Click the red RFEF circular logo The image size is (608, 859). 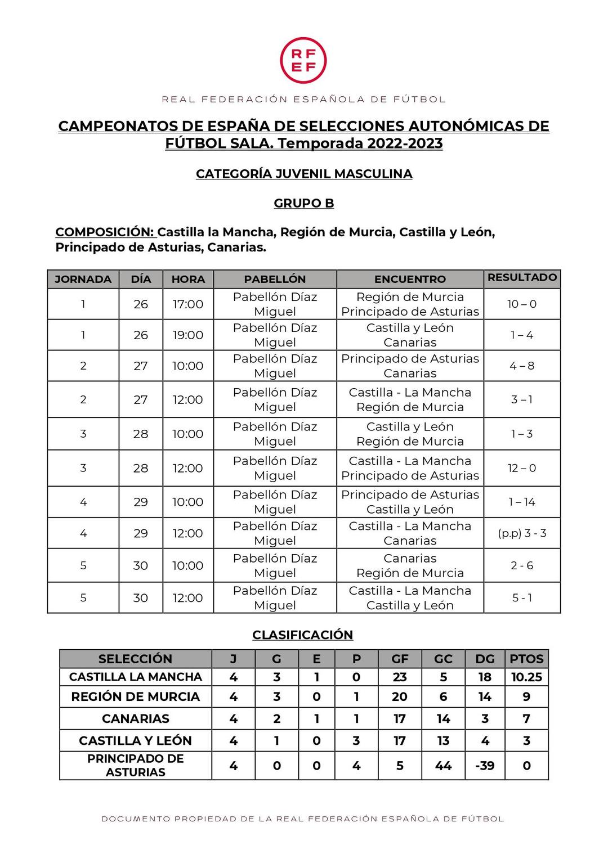click(x=303, y=60)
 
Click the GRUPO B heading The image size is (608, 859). click(x=303, y=203)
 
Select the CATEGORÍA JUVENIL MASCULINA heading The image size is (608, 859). click(x=303, y=174)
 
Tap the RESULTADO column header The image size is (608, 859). click(x=522, y=277)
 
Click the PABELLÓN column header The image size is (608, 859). click(x=275, y=279)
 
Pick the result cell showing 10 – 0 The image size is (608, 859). click(x=522, y=304)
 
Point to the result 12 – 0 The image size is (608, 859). click(x=522, y=468)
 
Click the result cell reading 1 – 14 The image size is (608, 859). click(x=522, y=502)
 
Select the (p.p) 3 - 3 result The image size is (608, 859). click(x=522, y=533)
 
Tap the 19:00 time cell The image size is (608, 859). click(x=188, y=335)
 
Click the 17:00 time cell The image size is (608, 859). click(x=188, y=304)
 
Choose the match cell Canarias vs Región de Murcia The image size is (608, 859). click(x=410, y=565)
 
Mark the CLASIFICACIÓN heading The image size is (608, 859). click(x=302, y=635)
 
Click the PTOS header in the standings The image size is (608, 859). click(x=526, y=659)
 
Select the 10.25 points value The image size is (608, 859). click(x=526, y=677)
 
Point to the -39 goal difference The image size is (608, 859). click(x=485, y=766)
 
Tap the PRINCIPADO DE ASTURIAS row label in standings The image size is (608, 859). click(x=135, y=766)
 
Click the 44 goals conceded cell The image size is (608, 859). click(x=443, y=766)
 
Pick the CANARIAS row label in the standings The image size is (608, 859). click(x=135, y=718)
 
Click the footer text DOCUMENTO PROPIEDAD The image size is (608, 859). click(x=303, y=818)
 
